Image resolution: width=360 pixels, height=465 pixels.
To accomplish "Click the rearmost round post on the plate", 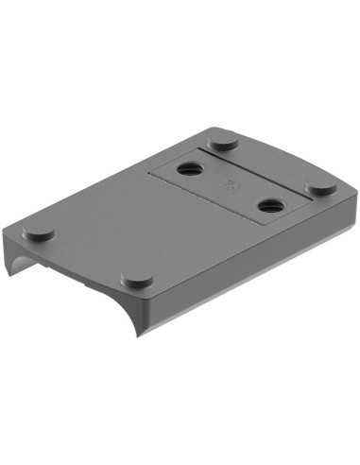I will [x=223, y=142].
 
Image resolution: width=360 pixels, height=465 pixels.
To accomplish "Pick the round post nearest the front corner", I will [x=138, y=281].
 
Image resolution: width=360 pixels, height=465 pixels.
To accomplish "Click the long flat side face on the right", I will [x=255, y=274].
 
